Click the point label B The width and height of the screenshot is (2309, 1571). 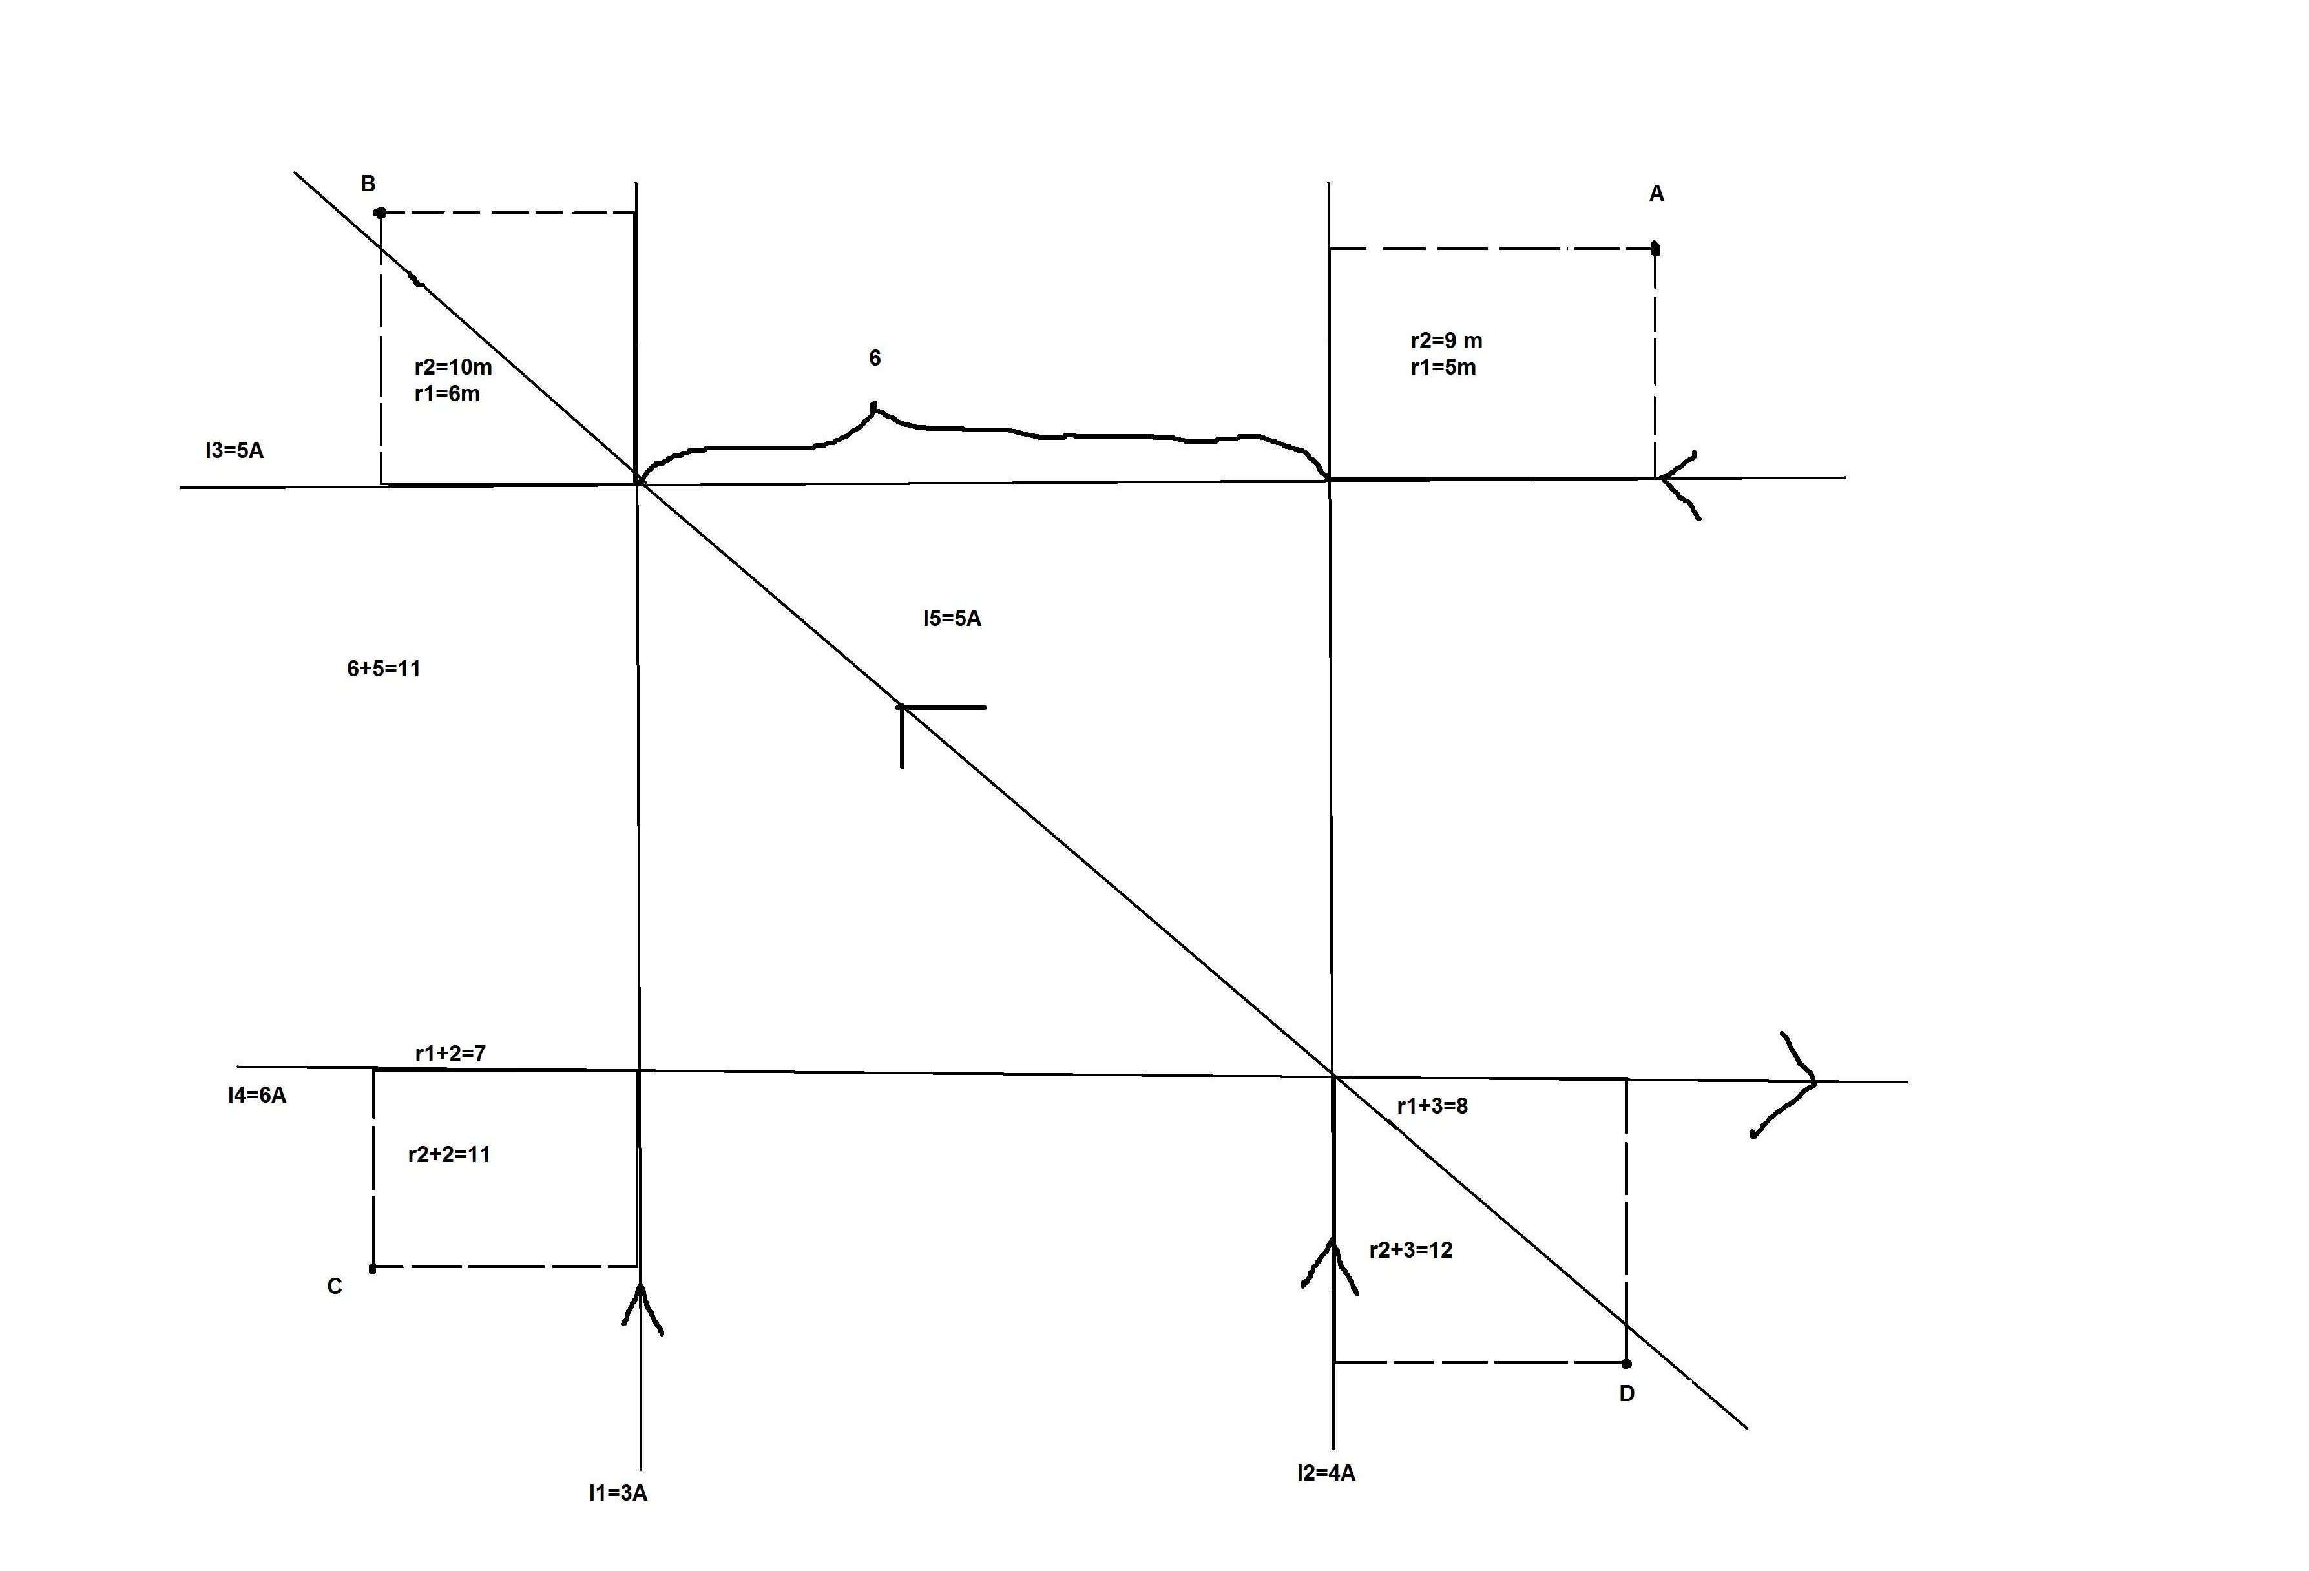point(368,184)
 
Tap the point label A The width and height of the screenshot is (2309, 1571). point(1656,194)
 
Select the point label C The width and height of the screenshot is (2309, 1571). point(335,1287)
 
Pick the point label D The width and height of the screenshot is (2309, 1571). point(1626,1394)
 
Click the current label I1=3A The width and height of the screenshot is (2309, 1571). point(618,1492)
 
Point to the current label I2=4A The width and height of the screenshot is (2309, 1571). point(1326,1473)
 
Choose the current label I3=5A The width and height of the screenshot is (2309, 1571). point(235,450)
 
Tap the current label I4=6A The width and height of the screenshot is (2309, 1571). point(256,1095)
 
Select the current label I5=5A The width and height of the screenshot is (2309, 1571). point(952,618)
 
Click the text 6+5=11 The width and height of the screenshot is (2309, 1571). point(384,669)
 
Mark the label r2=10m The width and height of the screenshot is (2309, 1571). point(453,367)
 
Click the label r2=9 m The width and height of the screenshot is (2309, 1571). point(1446,341)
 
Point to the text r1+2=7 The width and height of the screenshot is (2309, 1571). point(450,1054)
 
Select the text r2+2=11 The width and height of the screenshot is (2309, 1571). point(449,1154)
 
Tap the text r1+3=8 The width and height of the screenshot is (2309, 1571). point(1432,1106)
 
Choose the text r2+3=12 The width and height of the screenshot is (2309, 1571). point(1411,1250)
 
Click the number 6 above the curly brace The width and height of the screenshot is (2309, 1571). point(874,358)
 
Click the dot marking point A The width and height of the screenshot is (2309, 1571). point(1655,249)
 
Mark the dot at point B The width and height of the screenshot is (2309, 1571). point(379,213)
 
